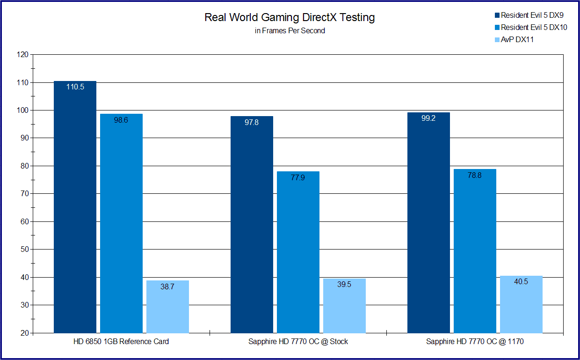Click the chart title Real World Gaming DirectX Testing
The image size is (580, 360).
click(290, 18)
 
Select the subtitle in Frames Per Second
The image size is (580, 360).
click(290, 31)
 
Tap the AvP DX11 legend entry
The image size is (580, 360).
click(517, 40)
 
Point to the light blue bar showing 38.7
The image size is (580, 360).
click(167, 307)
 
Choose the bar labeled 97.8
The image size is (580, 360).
click(252, 225)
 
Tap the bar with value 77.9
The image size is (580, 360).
click(298, 252)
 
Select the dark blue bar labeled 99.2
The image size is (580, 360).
click(428, 223)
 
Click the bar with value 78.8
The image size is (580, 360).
click(475, 251)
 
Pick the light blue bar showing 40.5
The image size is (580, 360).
click(521, 304)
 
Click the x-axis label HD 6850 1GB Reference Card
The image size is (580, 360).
click(121, 342)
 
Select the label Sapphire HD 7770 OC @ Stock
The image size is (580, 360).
click(298, 342)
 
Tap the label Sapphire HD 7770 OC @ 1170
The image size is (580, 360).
click(475, 342)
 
